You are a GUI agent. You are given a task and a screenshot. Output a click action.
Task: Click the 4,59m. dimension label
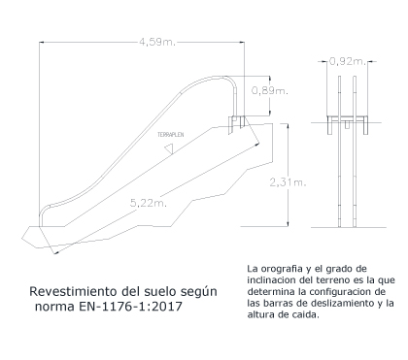(157, 42)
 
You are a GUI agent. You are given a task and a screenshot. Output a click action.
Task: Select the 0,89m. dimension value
(270, 91)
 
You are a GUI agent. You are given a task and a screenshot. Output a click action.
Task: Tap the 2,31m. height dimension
(288, 182)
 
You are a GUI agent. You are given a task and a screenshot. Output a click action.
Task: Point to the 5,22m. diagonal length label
(149, 203)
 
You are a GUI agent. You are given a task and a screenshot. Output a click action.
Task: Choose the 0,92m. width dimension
(348, 61)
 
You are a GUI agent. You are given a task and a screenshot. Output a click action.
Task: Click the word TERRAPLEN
(171, 135)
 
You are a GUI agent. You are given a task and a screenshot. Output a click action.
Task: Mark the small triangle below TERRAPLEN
(169, 149)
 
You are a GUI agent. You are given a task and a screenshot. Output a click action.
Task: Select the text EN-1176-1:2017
(130, 306)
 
